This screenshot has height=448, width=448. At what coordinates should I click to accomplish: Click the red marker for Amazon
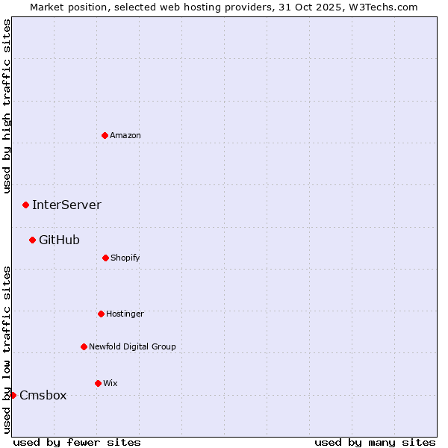pyautogui.click(x=105, y=135)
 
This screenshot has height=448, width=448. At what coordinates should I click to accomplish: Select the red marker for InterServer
pyautogui.click(x=25, y=205)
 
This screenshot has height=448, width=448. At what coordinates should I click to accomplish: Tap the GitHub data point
pyautogui.click(x=32, y=240)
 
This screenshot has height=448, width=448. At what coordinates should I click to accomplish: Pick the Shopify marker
pyautogui.click(x=105, y=258)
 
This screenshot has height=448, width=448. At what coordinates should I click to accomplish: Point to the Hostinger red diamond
pyautogui.click(x=101, y=314)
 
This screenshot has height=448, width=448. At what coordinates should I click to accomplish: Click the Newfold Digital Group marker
pyautogui.click(x=84, y=346)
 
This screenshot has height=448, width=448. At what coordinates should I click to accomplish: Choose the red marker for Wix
pyautogui.click(x=98, y=383)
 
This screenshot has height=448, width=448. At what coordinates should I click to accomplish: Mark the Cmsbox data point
pyautogui.click(x=13, y=395)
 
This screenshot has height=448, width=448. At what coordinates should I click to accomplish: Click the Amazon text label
pyautogui.click(x=125, y=135)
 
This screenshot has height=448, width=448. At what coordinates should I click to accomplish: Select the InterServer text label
pyautogui.click(x=66, y=205)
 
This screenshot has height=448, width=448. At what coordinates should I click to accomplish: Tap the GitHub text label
pyautogui.click(x=59, y=240)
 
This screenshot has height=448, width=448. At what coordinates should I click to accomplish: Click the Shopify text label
pyautogui.click(x=125, y=258)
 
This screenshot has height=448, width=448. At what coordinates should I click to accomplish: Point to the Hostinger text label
pyautogui.click(x=125, y=314)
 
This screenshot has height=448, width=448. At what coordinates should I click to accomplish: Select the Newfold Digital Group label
pyautogui.click(x=132, y=346)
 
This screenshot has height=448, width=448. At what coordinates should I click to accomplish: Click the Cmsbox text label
pyautogui.click(x=43, y=395)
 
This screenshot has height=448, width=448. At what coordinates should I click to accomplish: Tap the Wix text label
pyautogui.click(x=111, y=383)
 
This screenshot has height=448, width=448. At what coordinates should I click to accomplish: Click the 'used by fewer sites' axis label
pyautogui.click(x=77, y=442)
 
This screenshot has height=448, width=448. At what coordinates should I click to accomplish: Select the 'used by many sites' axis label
pyautogui.click(x=375, y=442)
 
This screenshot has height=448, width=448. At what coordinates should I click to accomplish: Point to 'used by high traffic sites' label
pyautogui.click(x=7, y=105)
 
